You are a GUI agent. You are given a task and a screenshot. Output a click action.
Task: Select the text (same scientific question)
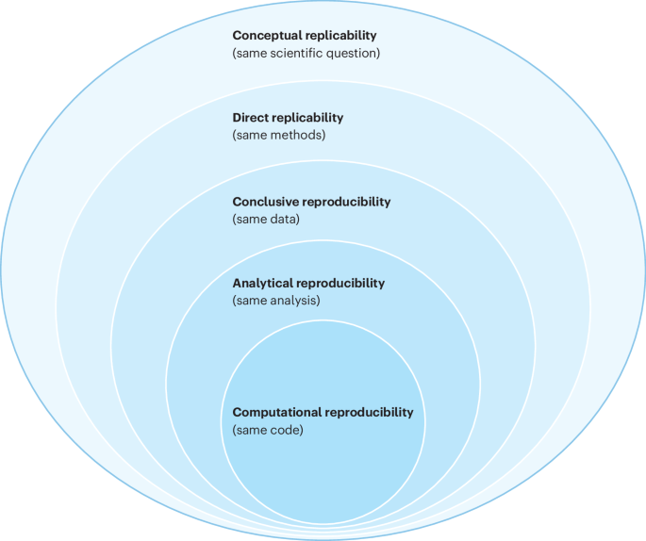click(x=306, y=53)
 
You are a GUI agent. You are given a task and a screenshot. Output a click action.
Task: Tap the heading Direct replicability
click(x=288, y=118)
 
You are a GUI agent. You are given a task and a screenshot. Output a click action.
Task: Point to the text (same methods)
click(x=278, y=136)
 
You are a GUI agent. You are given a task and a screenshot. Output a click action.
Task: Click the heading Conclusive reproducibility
click(x=311, y=202)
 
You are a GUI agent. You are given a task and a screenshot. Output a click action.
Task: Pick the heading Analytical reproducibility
click(x=308, y=283)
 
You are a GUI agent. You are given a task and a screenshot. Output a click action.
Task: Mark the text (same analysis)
click(x=276, y=301)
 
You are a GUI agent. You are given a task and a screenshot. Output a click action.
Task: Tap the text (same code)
click(x=268, y=430)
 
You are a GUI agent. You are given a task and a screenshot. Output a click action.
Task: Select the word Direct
click(x=251, y=118)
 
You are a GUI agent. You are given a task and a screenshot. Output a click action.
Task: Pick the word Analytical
click(x=264, y=283)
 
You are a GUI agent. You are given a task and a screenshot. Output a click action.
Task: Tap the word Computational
click(x=273, y=413)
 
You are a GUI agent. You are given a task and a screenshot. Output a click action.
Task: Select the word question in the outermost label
click(x=352, y=53)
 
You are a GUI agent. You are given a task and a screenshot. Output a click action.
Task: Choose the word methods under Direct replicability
click(x=296, y=136)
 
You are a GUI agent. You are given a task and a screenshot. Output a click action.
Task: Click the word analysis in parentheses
click(x=294, y=301)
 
